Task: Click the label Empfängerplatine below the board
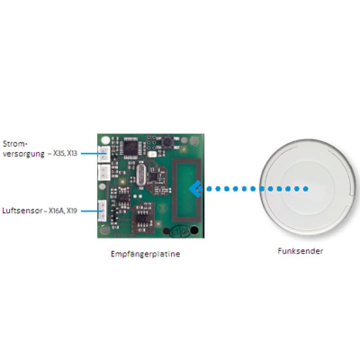[x=146, y=254]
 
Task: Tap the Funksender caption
[x=301, y=251]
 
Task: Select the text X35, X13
[x=65, y=153]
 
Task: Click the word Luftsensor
[x=22, y=211]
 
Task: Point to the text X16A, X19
[x=63, y=211]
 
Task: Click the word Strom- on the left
[x=13, y=144]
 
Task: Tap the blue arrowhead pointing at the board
[x=195, y=189]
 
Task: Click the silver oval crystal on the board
[x=140, y=175]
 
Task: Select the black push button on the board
[x=167, y=142]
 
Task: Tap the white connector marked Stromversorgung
[x=103, y=154]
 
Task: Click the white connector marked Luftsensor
[x=103, y=211]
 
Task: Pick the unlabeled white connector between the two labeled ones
[x=103, y=172]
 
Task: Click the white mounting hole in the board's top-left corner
[x=105, y=140]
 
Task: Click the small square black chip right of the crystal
[x=153, y=175]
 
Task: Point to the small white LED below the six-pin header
[x=152, y=154]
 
